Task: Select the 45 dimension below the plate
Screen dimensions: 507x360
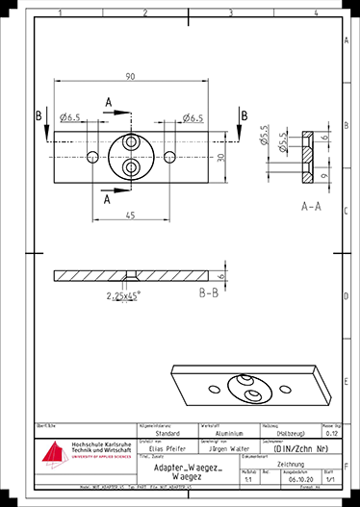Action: tap(129, 215)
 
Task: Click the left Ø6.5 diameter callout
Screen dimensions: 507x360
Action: tap(69, 118)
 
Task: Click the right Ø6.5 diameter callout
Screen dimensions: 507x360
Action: tap(191, 118)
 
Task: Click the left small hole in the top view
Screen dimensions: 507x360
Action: tap(91, 156)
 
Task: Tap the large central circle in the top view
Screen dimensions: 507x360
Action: tap(131, 155)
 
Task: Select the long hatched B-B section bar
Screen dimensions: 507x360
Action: tap(135, 276)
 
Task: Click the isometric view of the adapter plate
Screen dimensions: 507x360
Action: tap(253, 385)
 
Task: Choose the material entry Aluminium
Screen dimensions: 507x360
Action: tap(219, 433)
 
